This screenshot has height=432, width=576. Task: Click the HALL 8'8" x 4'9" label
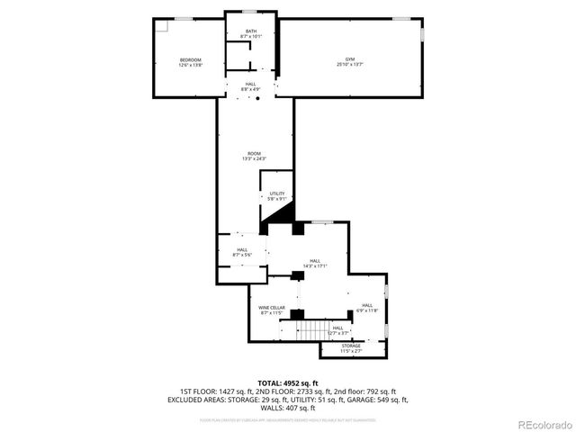click(250, 86)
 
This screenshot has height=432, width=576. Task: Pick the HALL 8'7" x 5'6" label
click(242, 252)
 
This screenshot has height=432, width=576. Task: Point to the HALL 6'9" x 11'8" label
click(367, 308)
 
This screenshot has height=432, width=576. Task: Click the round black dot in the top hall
click(257, 99)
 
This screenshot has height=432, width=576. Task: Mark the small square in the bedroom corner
click(158, 25)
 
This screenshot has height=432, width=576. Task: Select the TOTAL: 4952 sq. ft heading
click(288, 384)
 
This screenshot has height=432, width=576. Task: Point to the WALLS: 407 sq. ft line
click(288, 408)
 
